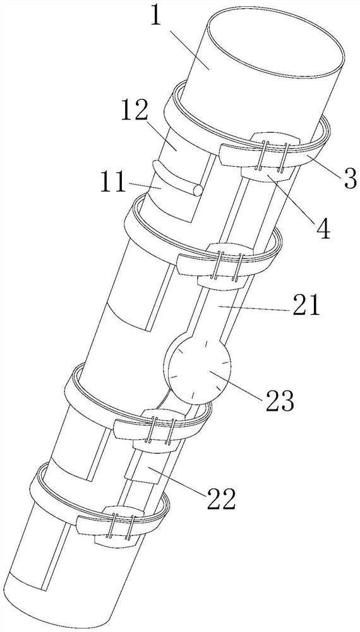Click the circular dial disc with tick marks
coord(200,370)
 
